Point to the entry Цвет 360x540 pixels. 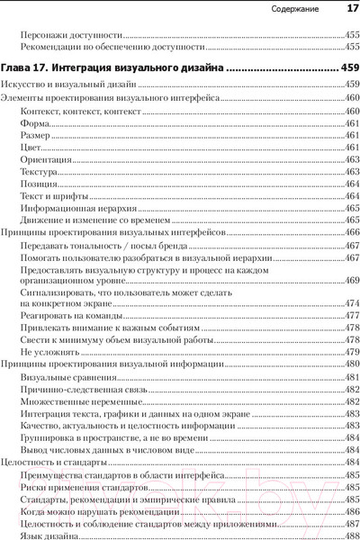pos(31,147)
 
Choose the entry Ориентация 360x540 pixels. pos(45,158)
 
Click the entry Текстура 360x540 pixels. pos(40,171)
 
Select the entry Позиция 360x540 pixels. pos(39,183)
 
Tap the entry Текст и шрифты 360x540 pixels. pos(55,195)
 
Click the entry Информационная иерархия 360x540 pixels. pos(74,208)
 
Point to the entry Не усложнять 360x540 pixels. pos(49,353)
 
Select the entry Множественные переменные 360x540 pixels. pos(75,401)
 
